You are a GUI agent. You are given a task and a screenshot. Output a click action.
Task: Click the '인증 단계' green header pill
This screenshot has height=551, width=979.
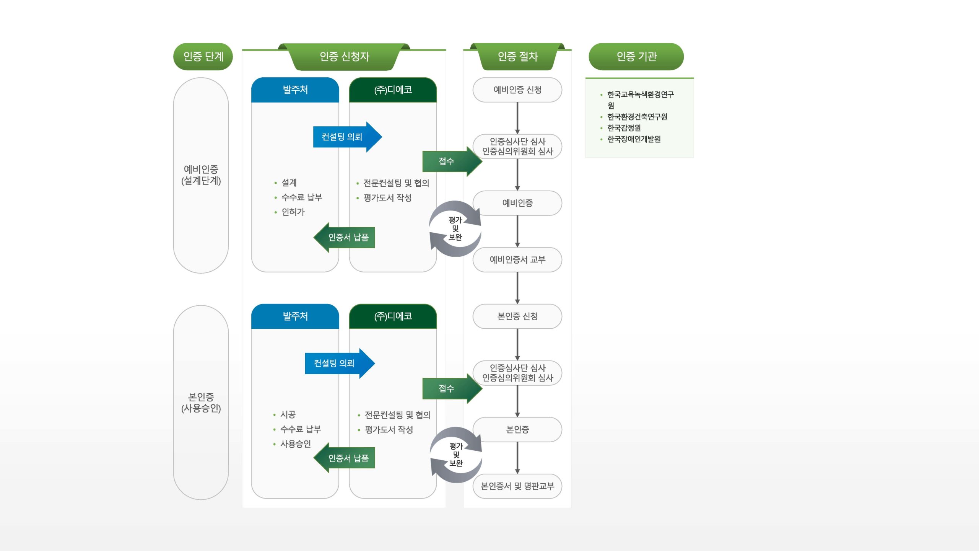pyautogui.click(x=203, y=57)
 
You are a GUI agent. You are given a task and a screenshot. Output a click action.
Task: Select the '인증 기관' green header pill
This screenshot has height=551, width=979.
pyautogui.click(x=636, y=57)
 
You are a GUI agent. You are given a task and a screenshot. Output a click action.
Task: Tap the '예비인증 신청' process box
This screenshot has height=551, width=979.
pyautogui.click(x=517, y=90)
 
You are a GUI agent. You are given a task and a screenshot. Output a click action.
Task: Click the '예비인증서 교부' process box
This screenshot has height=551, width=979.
pyautogui.click(x=517, y=260)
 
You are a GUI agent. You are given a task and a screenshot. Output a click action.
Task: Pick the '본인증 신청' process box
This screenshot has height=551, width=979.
pyautogui.click(x=517, y=316)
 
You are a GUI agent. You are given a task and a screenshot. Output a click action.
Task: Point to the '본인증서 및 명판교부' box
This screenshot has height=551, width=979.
pyautogui.click(x=517, y=486)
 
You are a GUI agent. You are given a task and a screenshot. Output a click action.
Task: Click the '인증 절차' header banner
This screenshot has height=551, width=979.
pyautogui.click(x=517, y=57)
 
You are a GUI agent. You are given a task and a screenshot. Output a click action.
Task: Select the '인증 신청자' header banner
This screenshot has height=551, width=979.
pyautogui.click(x=344, y=57)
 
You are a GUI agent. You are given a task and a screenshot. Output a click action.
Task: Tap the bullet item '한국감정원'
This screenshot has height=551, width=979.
pyautogui.click(x=624, y=128)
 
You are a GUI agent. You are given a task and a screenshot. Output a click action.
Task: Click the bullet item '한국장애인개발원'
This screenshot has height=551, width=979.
pyautogui.click(x=634, y=139)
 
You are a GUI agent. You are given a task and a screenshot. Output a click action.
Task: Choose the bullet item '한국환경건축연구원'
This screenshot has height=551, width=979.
pyautogui.click(x=637, y=117)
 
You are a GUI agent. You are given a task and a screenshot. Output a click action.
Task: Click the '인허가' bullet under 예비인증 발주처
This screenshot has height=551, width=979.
pyautogui.click(x=293, y=212)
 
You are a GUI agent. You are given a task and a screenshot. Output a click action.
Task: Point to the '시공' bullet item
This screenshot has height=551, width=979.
pyautogui.click(x=288, y=414)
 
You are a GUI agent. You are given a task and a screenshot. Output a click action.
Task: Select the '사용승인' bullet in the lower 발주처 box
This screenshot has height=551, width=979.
pyautogui.click(x=295, y=444)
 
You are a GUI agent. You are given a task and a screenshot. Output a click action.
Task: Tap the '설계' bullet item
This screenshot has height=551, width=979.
pyautogui.click(x=289, y=183)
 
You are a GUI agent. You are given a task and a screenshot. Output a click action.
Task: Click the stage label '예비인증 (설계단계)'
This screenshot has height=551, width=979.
pyautogui.click(x=201, y=175)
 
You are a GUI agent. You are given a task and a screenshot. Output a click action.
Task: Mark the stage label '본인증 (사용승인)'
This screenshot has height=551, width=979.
pyautogui.click(x=201, y=403)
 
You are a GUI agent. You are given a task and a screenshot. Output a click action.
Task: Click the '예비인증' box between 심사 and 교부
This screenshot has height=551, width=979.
pyautogui.click(x=517, y=203)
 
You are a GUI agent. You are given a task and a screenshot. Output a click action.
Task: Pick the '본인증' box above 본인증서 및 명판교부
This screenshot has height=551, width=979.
pyautogui.click(x=517, y=430)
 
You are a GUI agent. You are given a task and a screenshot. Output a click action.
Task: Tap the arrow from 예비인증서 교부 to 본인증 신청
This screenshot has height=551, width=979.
pyautogui.click(x=517, y=288)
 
